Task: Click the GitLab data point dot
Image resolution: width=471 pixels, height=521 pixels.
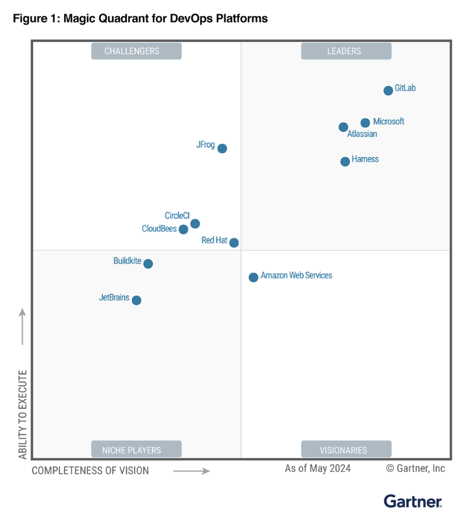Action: point(388,90)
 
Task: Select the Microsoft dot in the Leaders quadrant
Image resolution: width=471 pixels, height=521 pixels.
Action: point(365,123)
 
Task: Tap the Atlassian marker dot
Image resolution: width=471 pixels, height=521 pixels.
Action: point(344,127)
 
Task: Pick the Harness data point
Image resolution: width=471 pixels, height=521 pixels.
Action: point(345,162)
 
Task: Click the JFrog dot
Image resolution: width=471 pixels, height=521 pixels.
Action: point(222,149)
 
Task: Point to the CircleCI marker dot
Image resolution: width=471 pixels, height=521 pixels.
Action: point(195,224)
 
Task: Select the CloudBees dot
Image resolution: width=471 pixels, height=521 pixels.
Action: point(183,229)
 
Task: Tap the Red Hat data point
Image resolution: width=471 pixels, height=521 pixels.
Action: point(234,243)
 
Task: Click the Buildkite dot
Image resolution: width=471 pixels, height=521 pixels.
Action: point(148,264)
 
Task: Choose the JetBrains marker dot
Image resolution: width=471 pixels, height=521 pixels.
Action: point(136,300)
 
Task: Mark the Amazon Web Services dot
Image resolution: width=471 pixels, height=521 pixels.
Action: point(254,277)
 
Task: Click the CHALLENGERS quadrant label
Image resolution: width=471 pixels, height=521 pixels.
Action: point(136,51)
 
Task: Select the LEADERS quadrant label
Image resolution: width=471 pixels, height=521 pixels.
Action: point(346,51)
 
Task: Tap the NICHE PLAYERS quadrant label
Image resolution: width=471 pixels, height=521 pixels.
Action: point(136,450)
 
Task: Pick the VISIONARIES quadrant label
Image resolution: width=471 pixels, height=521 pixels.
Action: point(346,450)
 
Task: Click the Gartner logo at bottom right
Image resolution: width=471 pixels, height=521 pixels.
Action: point(413,502)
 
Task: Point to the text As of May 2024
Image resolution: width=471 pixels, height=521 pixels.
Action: point(318,469)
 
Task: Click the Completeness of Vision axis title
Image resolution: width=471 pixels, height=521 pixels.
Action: point(91,471)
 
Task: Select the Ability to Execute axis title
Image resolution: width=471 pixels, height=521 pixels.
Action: point(23,414)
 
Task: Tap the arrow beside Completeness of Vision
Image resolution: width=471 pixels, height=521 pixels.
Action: point(192,471)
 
